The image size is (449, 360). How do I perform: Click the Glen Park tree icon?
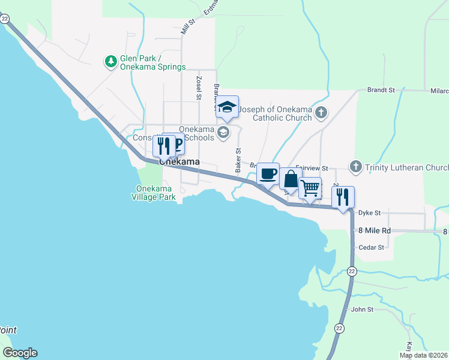[x=110, y=61]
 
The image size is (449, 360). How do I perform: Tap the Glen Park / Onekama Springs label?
[x=152, y=62]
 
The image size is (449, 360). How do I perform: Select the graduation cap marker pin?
[x=227, y=108]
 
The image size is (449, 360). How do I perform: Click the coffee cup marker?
[x=268, y=175]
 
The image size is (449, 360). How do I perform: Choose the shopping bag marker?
[x=291, y=179]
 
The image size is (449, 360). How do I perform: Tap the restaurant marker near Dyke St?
[x=343, y=197]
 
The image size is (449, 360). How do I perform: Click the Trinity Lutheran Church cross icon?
[x=355, y=166]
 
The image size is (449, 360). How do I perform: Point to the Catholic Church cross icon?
[x=322, y=112]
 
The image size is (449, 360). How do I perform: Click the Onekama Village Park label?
[x=154, y=193]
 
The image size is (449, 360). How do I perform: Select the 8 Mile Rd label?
[x=375, y=230]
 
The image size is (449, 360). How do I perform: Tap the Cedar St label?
[x=370, y=247]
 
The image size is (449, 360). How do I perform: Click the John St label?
[x=362, y=310]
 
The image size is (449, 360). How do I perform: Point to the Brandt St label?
[x=381, y=90]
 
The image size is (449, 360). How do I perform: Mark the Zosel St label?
[x=198, y=88]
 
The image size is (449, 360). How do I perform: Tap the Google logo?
[x=20, y=353]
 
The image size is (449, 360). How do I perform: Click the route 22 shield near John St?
[x=339, y=328]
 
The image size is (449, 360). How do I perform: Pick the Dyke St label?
[x=370, y=213]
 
